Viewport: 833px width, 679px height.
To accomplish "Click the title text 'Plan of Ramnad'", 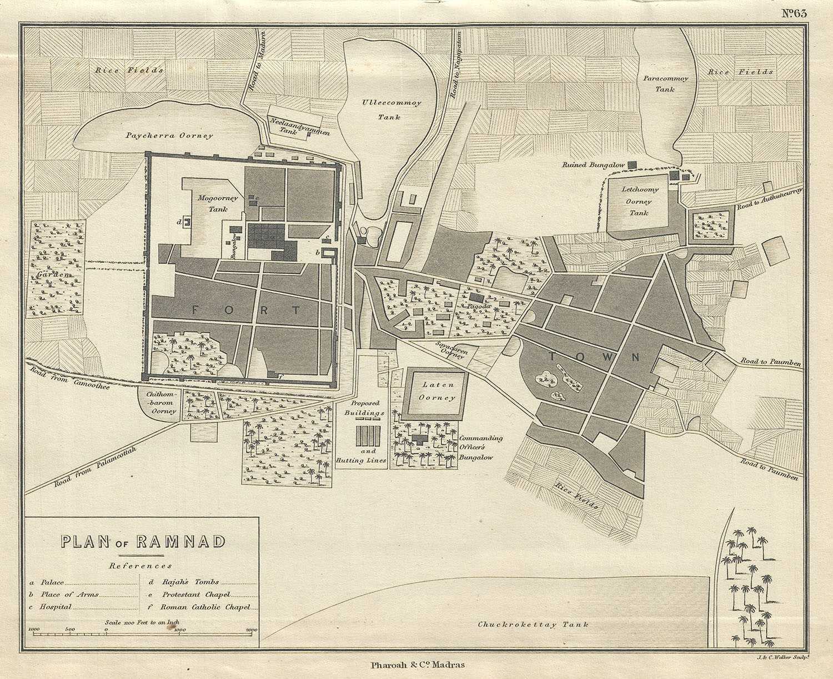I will click(143, 541).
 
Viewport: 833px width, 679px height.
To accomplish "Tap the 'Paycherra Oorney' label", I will click(169, 136).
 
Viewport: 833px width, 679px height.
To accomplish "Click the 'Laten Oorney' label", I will click(437, 391).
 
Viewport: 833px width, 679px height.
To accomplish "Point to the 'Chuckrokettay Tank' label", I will click(533, 625).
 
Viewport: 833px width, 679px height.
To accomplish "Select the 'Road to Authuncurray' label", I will click(769, 198).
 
